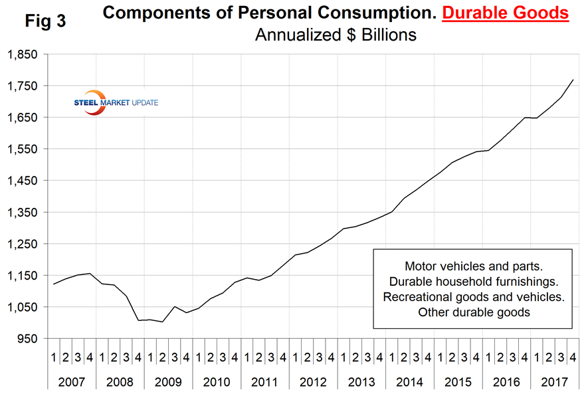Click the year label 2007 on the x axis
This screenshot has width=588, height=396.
pos(72,382)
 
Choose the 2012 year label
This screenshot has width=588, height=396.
pos(312,382)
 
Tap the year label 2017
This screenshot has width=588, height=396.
pos(553,382)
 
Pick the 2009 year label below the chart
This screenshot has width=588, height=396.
pos(168,382)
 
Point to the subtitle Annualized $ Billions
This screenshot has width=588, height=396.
pos(336,35)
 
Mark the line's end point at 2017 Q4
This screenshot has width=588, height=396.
pos(573,80)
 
